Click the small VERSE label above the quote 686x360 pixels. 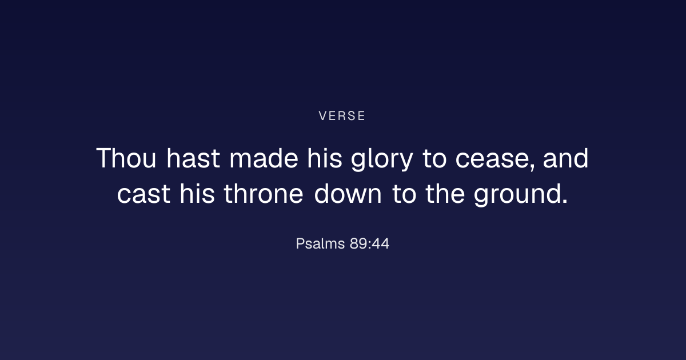(342, 115)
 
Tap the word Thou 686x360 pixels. (126, 158)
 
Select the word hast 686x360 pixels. (193, 158)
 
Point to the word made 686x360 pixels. (264, 158)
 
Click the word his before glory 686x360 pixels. (325, 158)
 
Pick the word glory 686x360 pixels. (382, 159)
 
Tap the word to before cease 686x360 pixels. (434, 159)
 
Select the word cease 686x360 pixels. (492, 160)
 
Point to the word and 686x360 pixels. (565, 158)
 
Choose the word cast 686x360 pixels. (143, 194)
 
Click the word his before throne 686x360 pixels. (197, 194)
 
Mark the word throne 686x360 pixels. (264, 194)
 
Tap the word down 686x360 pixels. (348, 194)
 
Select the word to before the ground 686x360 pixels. (404, 194)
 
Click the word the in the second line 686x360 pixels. (445, 194)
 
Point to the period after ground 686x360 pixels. (565, 201)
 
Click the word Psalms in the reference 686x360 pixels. (320, 244)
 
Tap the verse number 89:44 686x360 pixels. (369, 244)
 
